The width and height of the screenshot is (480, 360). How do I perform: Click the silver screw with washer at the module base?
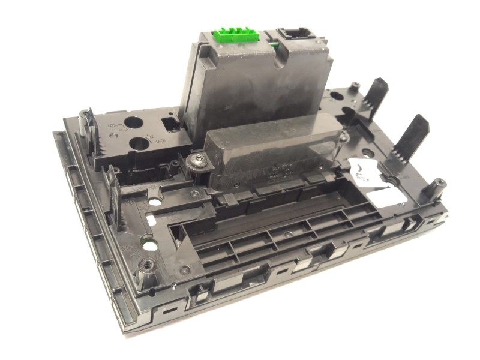[x=197, y=161]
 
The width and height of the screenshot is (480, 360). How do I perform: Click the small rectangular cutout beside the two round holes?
[x=169, y=124]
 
